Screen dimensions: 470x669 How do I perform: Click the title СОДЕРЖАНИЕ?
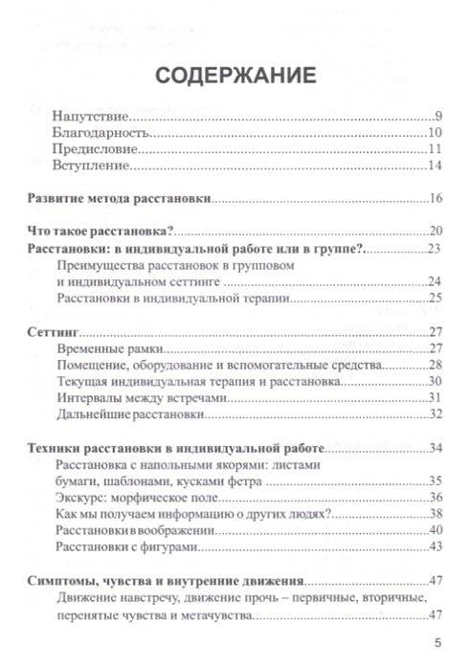tap(234, 74)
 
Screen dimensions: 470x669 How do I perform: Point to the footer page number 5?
tap(436, 642)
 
